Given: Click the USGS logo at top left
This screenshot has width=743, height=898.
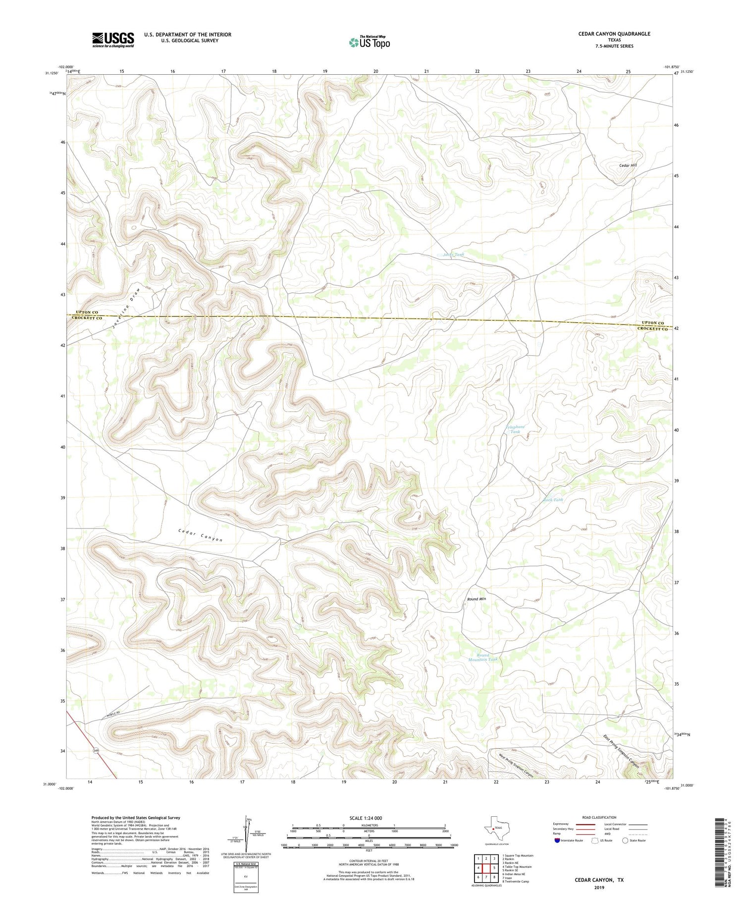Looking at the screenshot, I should [x=112, y=40].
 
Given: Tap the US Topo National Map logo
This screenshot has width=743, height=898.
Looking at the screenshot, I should [x=369, y=42].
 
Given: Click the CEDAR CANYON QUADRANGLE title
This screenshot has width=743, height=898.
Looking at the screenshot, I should [x=614, y=34].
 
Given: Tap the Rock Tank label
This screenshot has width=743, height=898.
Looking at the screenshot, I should [x=553, y=500].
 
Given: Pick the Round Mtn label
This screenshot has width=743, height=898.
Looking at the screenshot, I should [x=477, y=599].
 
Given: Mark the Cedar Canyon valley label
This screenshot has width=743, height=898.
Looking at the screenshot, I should [x=200, y=535].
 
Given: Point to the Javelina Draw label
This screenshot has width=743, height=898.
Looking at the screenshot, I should [x=126, y=308].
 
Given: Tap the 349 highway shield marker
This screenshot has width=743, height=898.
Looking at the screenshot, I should [x=95, y=751].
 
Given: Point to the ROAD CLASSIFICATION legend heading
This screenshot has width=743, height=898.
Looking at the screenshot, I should [x=599, y=817].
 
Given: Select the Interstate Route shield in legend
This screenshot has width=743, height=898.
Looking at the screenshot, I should [x=558, y=840].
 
